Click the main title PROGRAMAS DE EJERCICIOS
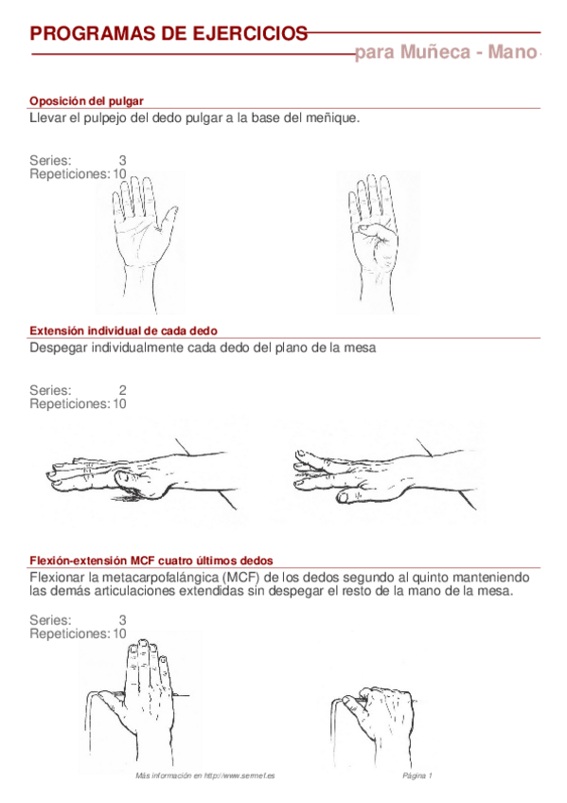pyautogui.click(x=168, y=34)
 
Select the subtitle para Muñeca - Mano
pyautogui.click(x=445, y=53)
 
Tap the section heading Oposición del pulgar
pyautogui.click(x=86, y=100)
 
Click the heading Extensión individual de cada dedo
pyautogui.click(x=123, y=330)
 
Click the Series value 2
pyautogui.click(x=122, y=390)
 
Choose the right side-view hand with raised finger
pyautogui.click(x=379, y=473)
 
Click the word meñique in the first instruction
pyautogui.click(x=333, y=118)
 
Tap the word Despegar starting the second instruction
pyautogui.click(x=58, y=348)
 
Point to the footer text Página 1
pyautogui.click(x=417, y=776)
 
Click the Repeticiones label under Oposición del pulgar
pyautogui.click(x=69, y=174)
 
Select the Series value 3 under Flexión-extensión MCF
pyautogui.click(x=122, y=620)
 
